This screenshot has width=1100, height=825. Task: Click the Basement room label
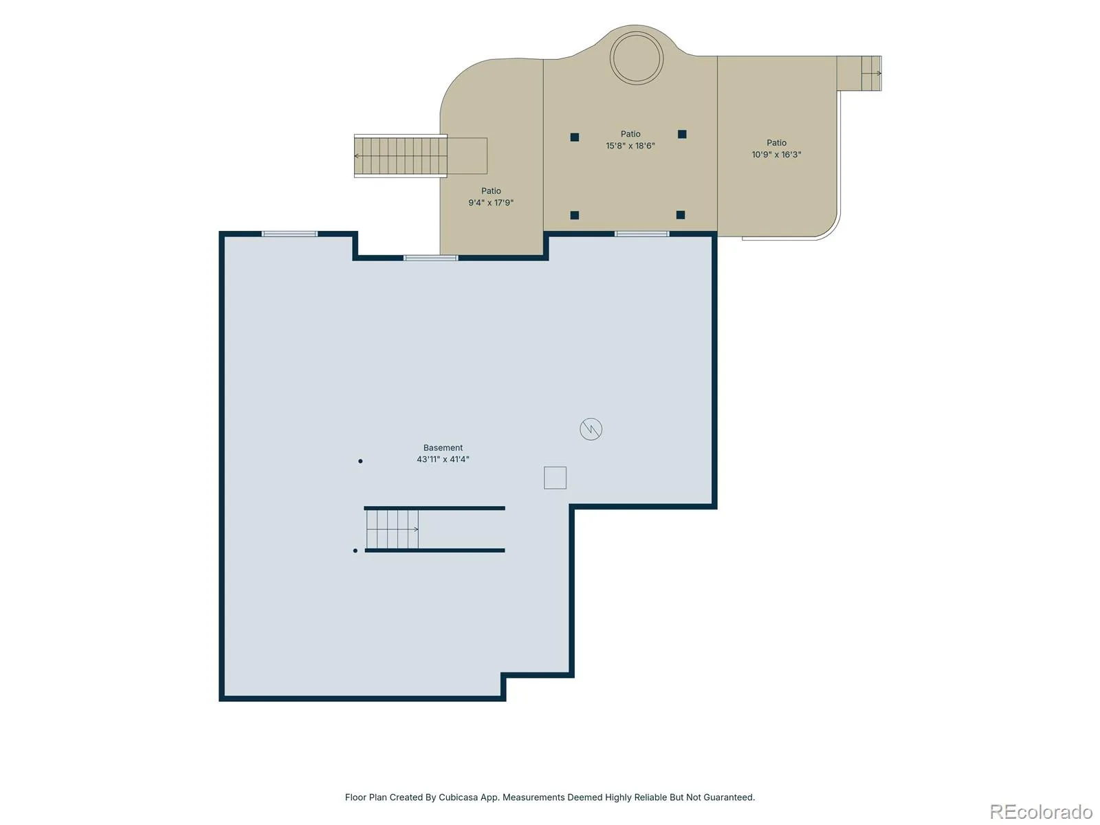[x=443, y=448]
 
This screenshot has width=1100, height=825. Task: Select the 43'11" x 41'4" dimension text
[x=443, y=459]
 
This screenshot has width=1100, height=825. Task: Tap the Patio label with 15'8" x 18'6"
[x=630, y=134]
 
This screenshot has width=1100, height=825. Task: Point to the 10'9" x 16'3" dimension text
[x=775, y=154]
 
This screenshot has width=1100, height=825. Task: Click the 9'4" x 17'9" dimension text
[x=491, y=202]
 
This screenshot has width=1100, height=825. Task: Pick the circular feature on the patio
[x=636, y=58]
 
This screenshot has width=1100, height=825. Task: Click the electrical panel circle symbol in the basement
[x=591, y=429]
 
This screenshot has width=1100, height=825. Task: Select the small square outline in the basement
[x=555, y=477]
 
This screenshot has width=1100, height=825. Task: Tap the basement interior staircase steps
[x=392, y=529]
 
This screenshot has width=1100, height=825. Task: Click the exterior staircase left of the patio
[x=400, y=156]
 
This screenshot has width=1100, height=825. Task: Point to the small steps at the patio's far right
[x=871, y=73]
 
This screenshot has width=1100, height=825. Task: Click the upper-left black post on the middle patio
[x=574, y=137]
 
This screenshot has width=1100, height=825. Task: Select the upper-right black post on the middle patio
[x=681, y=134]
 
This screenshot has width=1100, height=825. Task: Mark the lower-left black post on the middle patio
[x=574, y=215]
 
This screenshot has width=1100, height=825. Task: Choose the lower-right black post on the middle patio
[x=680, y=214]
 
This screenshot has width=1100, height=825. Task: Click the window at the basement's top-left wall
[x=289, y=234]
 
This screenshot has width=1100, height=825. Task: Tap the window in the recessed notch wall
[x=430, y=258]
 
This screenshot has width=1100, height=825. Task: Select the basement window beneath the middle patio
[x=641, y=234]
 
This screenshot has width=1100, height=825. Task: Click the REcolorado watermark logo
[x=1041, y=811]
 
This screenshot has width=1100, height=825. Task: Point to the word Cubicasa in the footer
[x=458, y=797]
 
